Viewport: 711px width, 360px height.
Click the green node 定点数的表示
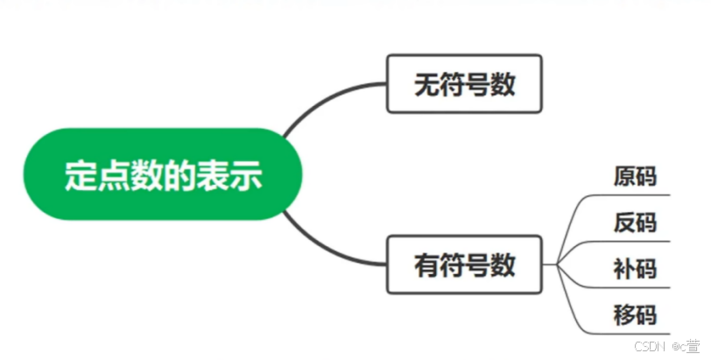[163, 173]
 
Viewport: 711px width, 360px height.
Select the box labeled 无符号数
[464, 84]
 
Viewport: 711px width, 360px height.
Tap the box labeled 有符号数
[464, 264]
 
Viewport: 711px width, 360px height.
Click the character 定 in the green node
[81, 174]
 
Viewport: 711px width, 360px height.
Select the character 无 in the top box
[426, 85]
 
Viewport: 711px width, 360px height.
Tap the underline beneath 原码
[630, 194]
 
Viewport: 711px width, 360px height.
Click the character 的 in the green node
[163, 174]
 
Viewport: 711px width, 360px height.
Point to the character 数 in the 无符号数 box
[502, 85]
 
